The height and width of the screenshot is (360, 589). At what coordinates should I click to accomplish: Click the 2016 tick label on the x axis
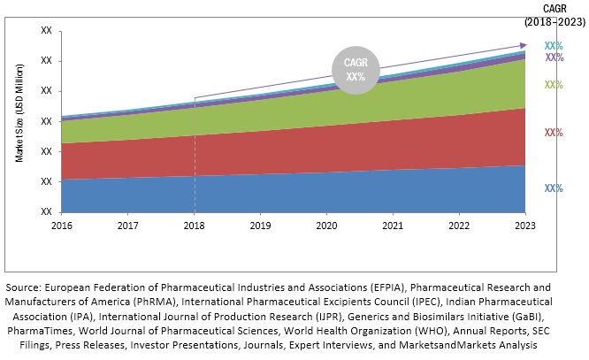(61, 226)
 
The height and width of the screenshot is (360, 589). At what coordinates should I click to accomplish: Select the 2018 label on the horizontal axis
(194, 226)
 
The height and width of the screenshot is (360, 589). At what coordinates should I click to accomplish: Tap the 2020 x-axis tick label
(326, 226)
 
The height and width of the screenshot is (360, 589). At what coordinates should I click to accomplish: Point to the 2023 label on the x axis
(525, 226)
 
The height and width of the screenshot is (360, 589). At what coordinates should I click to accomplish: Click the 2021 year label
(393, 226)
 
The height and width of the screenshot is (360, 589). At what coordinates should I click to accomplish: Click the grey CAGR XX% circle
(356, 70)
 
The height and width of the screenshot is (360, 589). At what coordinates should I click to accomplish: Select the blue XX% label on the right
(554, 188)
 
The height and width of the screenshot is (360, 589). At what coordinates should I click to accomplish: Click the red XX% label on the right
(554, 133)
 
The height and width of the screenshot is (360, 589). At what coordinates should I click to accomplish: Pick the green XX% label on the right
(554, 85)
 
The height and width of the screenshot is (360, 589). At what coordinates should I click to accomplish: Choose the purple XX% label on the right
(554, 57)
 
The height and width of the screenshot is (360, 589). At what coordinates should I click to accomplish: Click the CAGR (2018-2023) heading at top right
(555, 14)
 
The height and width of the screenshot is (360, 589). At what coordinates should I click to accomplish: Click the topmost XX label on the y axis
(45, 31)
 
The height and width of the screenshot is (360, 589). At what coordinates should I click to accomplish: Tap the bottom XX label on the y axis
(45, 211)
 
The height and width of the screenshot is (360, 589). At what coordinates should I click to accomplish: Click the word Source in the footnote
(25, 287)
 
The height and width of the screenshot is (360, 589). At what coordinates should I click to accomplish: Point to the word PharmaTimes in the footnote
(35, 330)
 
